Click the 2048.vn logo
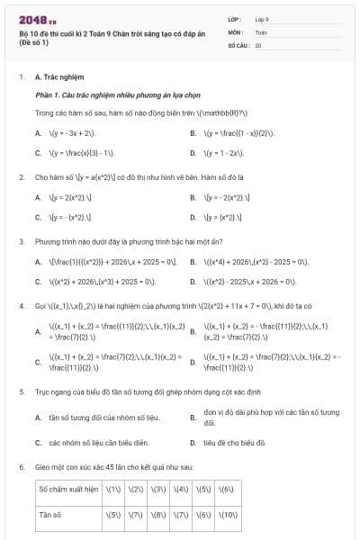coord(38,18)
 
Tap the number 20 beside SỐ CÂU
coord(258,44)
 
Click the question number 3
coord(22,242)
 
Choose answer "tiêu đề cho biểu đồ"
coord(236,443)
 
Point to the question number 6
coord(22,468)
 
